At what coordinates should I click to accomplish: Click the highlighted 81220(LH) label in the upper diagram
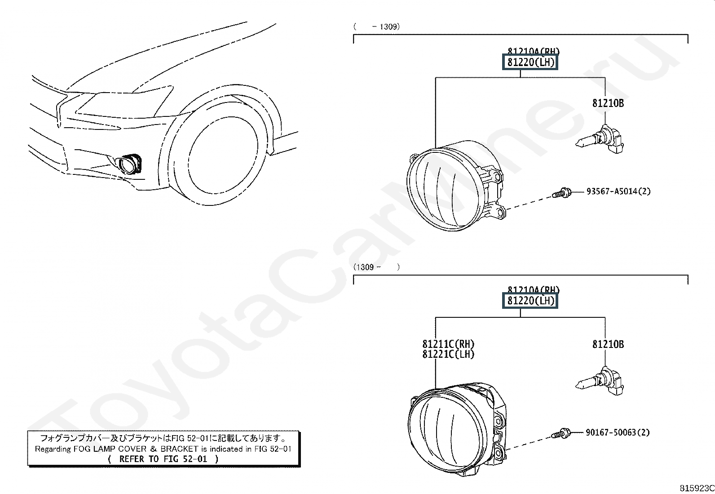pyautogui.click(x=530, y=62)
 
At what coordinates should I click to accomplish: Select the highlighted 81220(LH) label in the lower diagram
pyautogui.click(x=530, y=301)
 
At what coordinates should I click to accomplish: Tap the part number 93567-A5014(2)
pyautogui.click(x=618, y=191)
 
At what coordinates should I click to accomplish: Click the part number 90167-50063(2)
pyautogui.click(x=618, y=432)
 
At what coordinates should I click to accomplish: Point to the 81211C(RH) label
pyautogui.click(x=448, y=344)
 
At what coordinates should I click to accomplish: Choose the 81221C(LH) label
pyautogui.click(x=448, y=354)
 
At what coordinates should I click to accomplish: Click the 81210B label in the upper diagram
pyautogui.click(x=608, y=103)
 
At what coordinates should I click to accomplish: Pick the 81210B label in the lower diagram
pyautogui.click(x=608, y=344)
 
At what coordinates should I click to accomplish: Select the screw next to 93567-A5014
pyautogui.click(x=561, y=194)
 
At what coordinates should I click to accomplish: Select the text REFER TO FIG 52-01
pyautogui.click(x=163, y=459)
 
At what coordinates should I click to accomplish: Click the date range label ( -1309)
pyautogui.click(x=376, y=27)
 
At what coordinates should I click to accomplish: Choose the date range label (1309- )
pyautogui.click(x=376, y=267)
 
